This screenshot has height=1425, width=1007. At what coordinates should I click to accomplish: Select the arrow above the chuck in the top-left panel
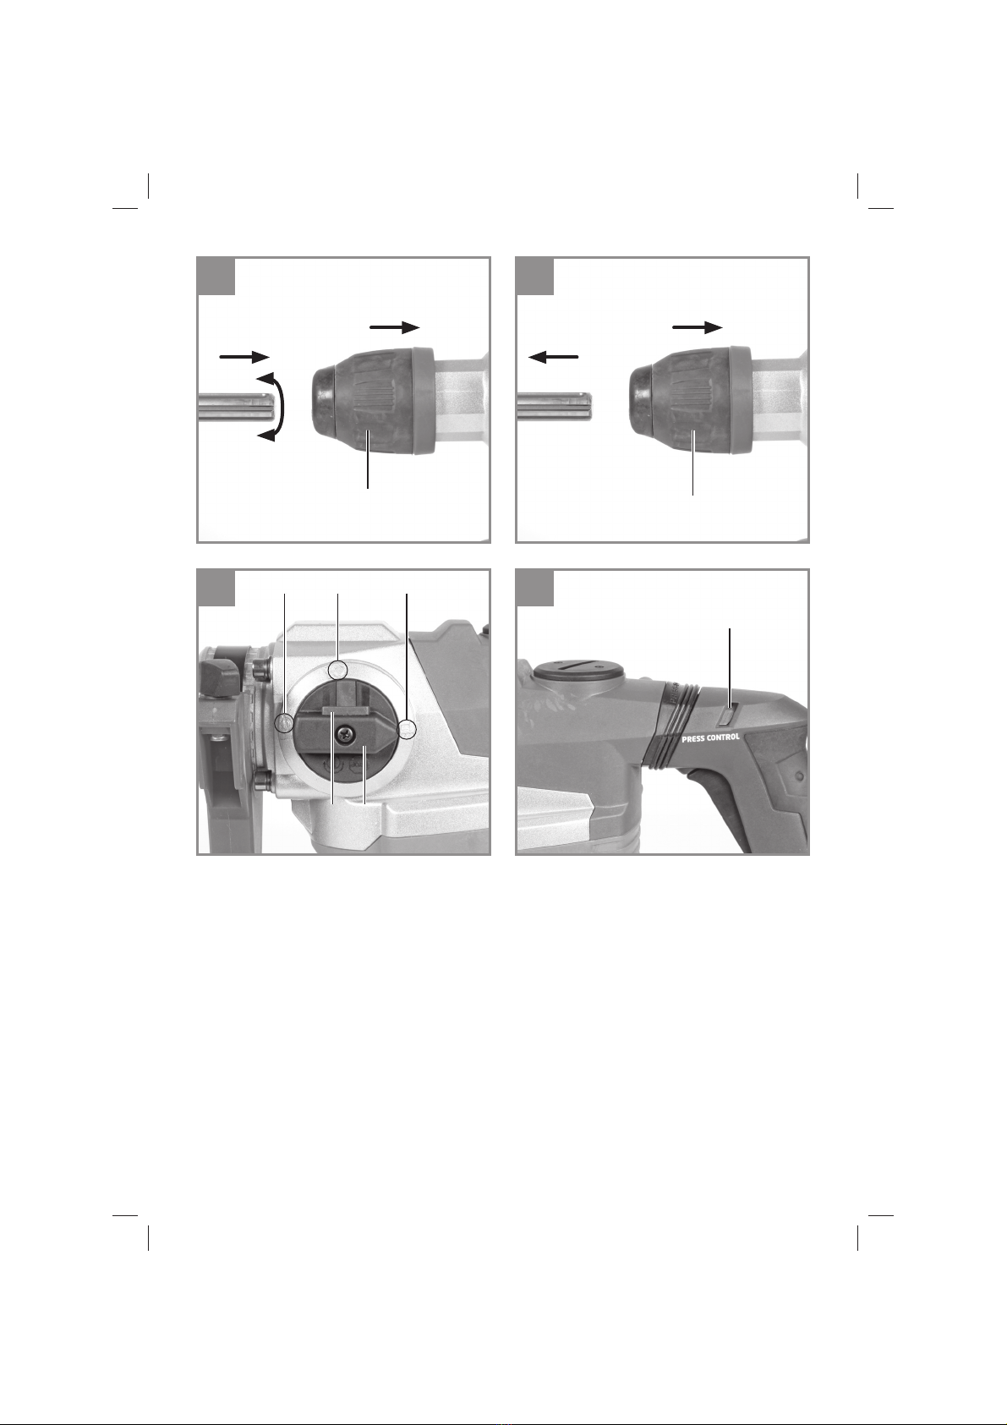(394, 327)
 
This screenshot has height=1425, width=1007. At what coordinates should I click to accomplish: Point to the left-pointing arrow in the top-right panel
(553, 357)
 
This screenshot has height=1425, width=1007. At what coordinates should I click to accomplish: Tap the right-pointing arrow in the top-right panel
(698, 327)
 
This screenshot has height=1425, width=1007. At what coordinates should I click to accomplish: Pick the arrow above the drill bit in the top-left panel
(244, 357)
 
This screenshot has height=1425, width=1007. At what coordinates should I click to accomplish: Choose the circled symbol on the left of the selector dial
(284, 722)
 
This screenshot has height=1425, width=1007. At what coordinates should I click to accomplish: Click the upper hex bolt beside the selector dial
(260, 669)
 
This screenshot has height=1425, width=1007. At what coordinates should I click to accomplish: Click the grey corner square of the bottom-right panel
(534, 588)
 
